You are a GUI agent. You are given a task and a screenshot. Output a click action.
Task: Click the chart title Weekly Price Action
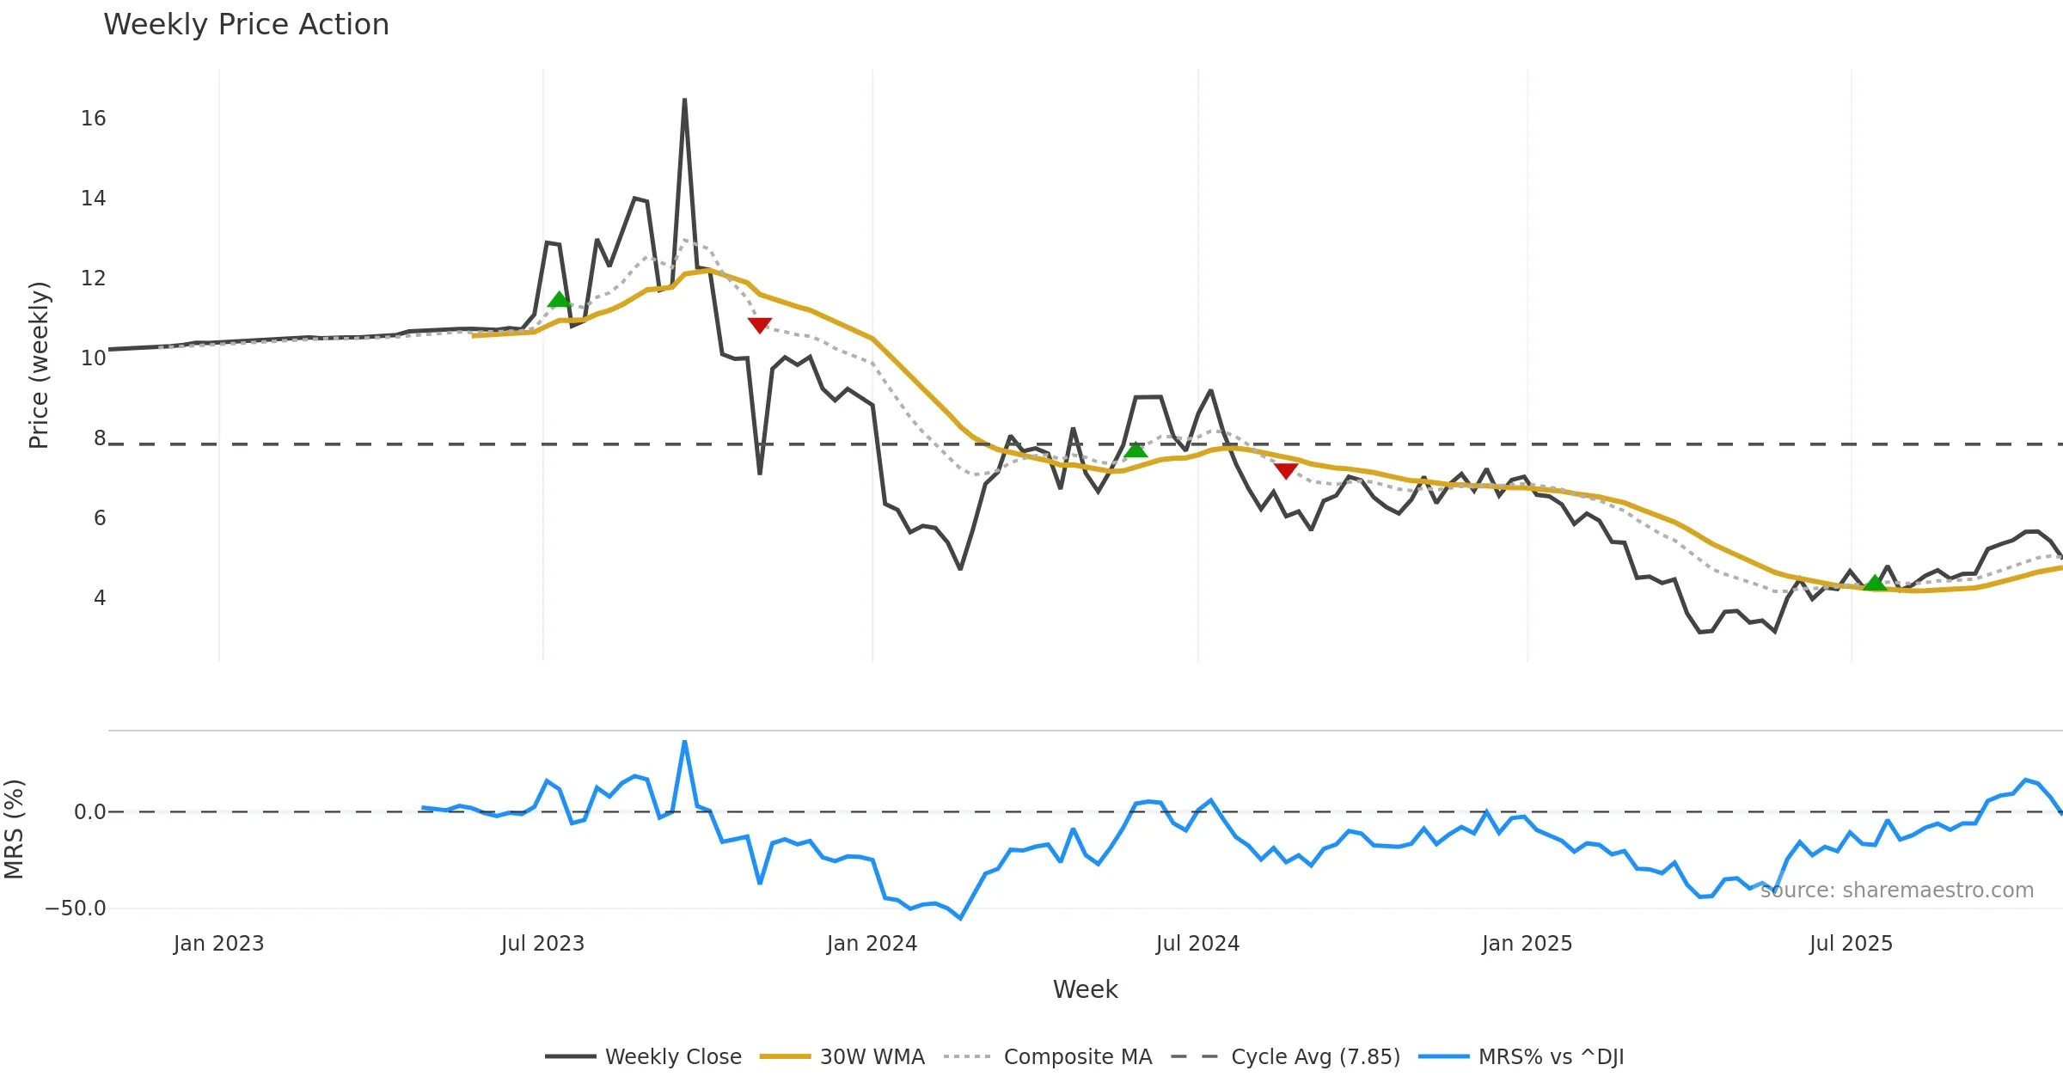point(246,25)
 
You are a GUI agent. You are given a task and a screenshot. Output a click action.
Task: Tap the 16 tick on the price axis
point(93,119)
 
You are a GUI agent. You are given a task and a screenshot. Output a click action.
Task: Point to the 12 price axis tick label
point(93,278)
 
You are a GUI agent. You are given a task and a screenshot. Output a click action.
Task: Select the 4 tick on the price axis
point(100,598)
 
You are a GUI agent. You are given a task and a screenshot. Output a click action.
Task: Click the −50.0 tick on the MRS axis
point(76,909)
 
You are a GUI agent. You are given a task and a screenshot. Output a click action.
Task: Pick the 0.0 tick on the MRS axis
point(89,812)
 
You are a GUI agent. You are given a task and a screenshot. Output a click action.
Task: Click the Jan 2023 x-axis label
point(218,944)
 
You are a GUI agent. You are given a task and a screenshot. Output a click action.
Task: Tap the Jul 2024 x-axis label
point(1197,944)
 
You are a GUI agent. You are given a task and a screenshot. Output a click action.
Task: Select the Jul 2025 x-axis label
point(1851,944)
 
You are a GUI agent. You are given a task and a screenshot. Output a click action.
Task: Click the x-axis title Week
point(1085,990)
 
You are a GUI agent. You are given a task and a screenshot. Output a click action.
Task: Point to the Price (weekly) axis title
point(39,365)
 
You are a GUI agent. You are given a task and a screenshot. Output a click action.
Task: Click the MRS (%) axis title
point(14,829)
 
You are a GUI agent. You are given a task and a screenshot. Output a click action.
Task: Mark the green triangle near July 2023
point(560,300)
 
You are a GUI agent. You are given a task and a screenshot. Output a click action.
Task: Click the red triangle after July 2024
point(1286,470)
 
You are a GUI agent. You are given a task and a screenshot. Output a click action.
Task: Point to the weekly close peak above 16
point(684,101)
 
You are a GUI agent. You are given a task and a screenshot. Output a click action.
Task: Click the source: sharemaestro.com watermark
point(1896,890)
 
